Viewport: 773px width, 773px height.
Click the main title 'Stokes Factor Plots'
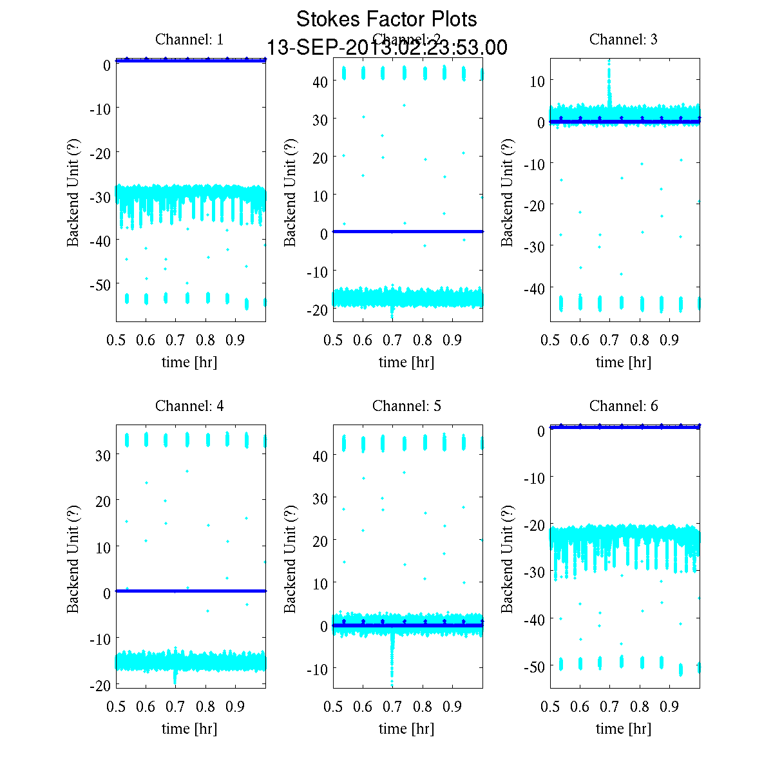[x=386, y=19]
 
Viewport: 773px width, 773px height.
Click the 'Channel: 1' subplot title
[x=189, y=39]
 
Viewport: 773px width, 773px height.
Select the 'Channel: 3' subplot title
[x=624, y=39]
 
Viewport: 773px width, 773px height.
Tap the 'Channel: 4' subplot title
[x=189, y=406]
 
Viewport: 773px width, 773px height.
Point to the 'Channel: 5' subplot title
[x=406, y=406]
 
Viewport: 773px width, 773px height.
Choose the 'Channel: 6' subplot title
[x=624, y=406]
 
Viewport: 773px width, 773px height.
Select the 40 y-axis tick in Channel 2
[x=320, y=81]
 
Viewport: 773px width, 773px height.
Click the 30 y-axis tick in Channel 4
[x=102, y=455]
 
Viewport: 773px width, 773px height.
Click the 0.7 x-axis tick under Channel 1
[x=176, y=340]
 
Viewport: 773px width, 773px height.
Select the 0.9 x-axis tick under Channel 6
[x=670, y=707]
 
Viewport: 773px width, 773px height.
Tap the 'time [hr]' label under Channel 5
[x=406, y=729]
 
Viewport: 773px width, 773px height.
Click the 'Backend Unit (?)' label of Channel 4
[x=73, y=558]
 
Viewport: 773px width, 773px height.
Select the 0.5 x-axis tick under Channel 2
[x=333, y=340]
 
